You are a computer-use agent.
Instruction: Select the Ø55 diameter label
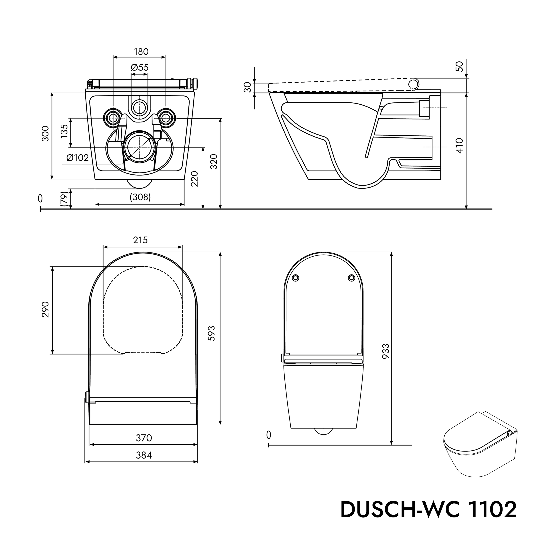pyautogui.click(x=140, y=67)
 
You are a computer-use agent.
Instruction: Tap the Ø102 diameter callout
pyautogui.click(x=78, y=158)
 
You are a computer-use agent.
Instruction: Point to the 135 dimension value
pyautogui.click(x=64, y=131)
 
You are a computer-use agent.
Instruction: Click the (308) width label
pyautogui.click(x=140, y=197)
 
